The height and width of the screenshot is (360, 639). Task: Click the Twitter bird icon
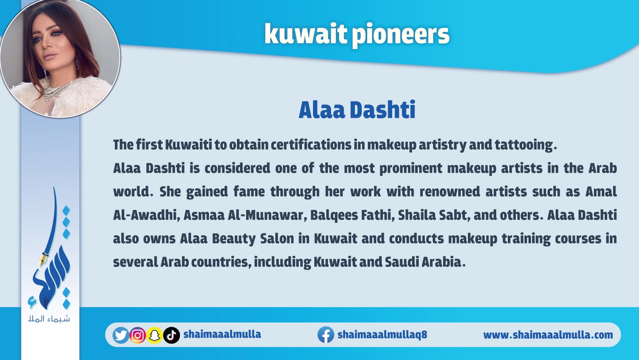tap(121, 335)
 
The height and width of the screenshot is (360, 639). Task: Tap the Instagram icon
tap(138, 335)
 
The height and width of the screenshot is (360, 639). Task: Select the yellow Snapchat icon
tap(154, 335)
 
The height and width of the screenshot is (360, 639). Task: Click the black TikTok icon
tap(172, 335)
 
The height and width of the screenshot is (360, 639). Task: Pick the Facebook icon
tap(326, 334)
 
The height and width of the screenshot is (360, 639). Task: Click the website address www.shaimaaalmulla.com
tap(548, 335)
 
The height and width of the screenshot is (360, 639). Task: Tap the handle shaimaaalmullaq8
tap(382, 334)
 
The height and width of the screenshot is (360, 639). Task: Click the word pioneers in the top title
tap(400, 35)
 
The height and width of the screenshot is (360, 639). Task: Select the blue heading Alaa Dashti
tap(357, 110)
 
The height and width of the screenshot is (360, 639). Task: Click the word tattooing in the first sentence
tap(526, 145)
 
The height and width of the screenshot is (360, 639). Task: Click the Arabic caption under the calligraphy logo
tap(49, 318)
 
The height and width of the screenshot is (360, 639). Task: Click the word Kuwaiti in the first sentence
tap(189, 145)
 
